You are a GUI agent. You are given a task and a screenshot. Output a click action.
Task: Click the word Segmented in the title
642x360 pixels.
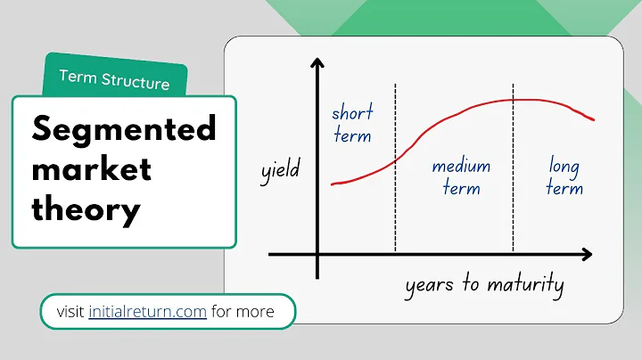click(x=124, y=130)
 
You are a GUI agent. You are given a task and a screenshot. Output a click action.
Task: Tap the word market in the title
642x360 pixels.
click(x=92, y=170)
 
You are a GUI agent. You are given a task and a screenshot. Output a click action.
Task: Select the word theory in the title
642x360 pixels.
click(x=86, y=210)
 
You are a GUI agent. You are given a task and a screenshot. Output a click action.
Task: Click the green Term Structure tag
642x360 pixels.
click(x=114, y=79)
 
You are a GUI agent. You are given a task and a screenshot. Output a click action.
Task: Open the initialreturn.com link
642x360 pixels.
click(x=148, y=312)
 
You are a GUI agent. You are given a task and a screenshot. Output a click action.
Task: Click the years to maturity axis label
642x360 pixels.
click(x=484, y=284)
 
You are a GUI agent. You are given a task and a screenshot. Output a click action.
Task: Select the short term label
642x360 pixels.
click(x=351, y=125)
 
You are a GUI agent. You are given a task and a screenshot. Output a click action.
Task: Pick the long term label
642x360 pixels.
click(x=564, y=177)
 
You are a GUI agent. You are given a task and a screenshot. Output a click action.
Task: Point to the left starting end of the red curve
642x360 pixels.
click(x=333, y=184)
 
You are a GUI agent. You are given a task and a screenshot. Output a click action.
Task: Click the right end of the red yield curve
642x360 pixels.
click(x=594, y=119)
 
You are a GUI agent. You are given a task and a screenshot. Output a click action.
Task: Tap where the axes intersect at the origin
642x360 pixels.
click(x=317, y=255)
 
